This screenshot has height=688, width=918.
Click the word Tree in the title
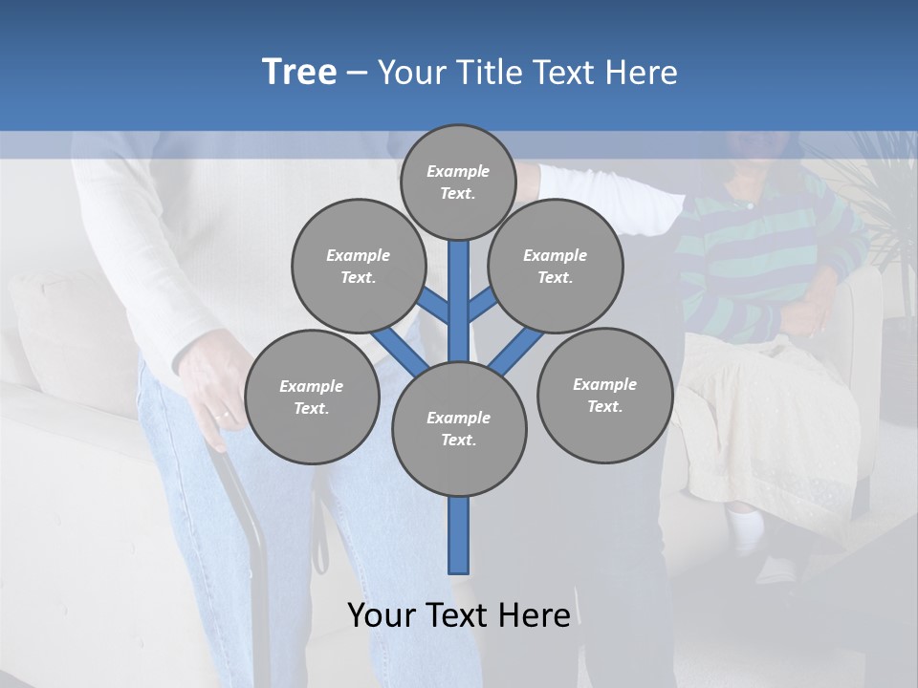tap(299, 73)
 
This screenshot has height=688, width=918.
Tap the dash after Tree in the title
tap(357, 74)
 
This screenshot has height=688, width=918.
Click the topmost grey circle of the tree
tap(458, 182)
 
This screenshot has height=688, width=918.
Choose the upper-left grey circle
tap(358, 266)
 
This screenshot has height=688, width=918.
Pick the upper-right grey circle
tap(555, 266)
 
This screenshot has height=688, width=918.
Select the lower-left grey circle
tap(311, 397)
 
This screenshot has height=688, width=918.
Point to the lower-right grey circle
tap(604, 395)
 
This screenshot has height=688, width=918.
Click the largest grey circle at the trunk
tap(459, 429)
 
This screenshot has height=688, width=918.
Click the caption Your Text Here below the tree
tap(459, 614)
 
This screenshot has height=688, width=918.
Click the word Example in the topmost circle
tap(458, 171)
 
